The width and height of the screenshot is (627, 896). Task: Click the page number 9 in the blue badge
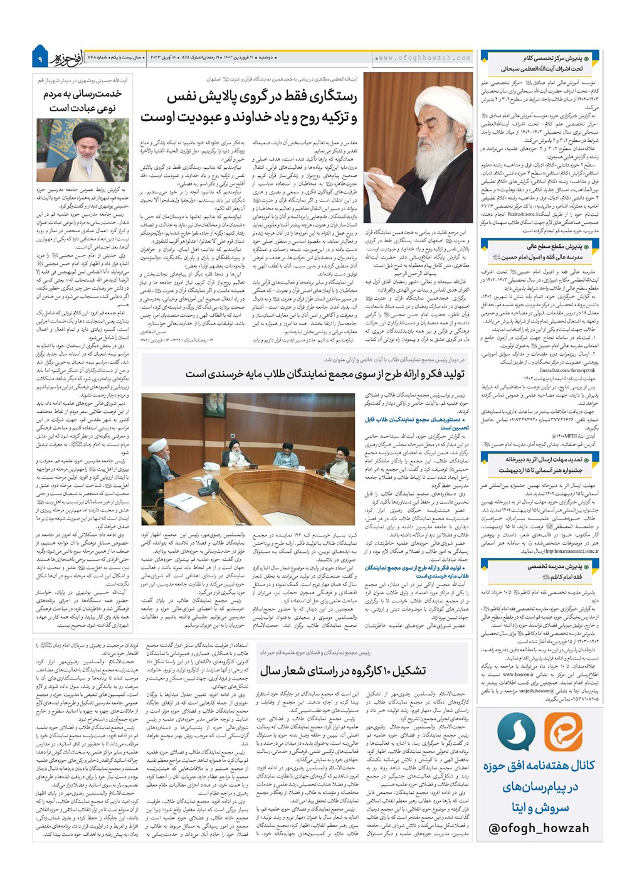(40, 58)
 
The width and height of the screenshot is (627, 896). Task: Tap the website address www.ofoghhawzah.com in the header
(424, 58)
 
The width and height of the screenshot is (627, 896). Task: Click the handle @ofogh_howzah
(539, 828)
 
